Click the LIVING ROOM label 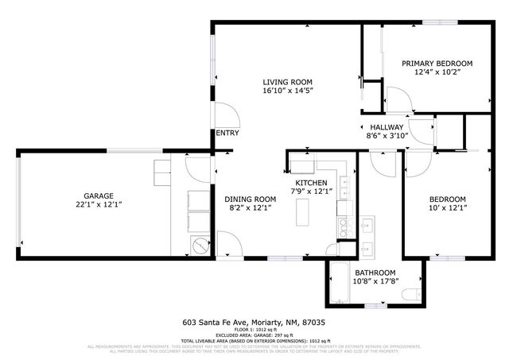(287, 82)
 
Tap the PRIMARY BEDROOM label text (437, 64)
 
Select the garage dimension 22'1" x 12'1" (99, 205)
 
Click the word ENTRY (227, 133)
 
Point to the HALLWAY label (387, 127)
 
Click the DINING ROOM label (250, 199)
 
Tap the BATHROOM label (375, 272)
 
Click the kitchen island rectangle (302, 212)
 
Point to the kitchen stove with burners (345, 227)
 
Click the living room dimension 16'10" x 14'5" (287, 91)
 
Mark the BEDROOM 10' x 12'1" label (448, 203)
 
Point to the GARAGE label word (99, 196)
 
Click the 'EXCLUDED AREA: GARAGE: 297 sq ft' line (254, 335)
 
